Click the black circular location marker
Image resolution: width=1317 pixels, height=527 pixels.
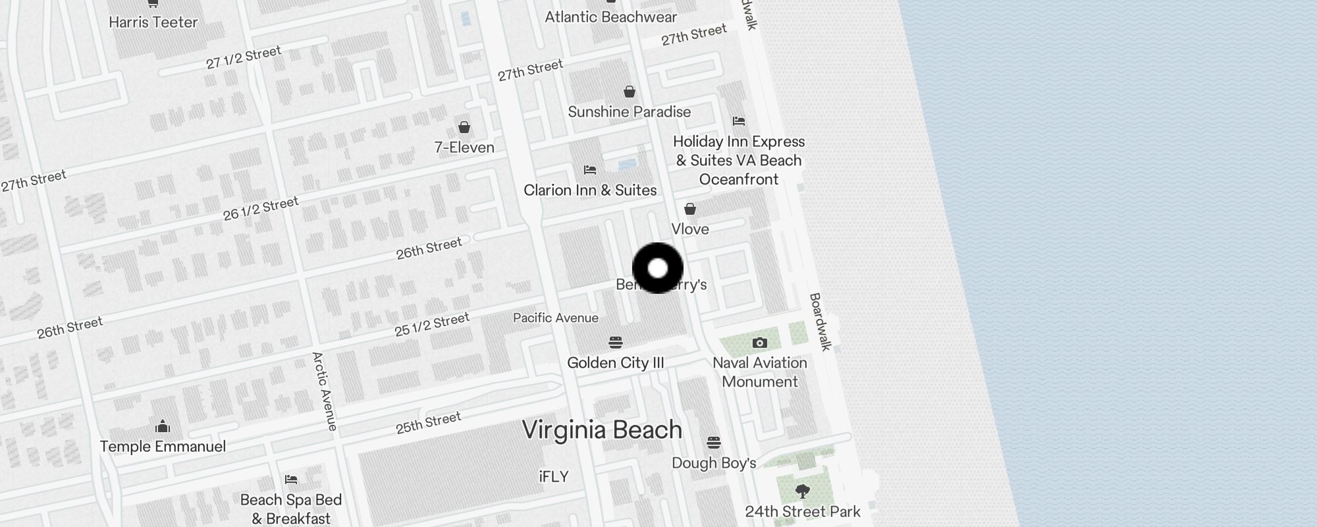[x=658, y=268]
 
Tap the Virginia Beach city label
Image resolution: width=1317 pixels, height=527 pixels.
[x=602, y=430]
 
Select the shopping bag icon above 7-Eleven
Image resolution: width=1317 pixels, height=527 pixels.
[x=464, y=127]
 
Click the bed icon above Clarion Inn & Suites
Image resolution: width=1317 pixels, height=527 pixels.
[x=590, y=170]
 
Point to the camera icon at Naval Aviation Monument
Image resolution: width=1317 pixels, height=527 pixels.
[x=759, y=343]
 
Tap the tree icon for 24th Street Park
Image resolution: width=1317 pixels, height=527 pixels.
[x=802, y=491]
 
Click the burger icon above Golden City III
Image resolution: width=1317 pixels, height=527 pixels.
[x=616, y=343]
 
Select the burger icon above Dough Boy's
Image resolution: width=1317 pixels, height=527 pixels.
[x=714, y=442]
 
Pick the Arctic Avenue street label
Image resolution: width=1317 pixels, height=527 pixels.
[x=324, y=391]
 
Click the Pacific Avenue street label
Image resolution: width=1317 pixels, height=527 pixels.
[x=556, y=318]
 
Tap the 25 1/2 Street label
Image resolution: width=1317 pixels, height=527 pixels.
[x=432, y=324]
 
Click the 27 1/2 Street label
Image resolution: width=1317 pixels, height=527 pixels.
[x=244, y=57]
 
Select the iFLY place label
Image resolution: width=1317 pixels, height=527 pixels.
[x=553, y=477]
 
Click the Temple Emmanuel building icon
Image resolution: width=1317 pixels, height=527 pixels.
[x=163, y=427]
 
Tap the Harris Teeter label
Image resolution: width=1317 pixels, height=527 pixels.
[x=153, y=22]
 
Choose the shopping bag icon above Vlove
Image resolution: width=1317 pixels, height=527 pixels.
[x=690, y=209]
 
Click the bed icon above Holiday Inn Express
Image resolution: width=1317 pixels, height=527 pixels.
[x=739, y=121]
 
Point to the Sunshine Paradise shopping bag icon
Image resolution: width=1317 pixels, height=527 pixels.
[x=630, y=92]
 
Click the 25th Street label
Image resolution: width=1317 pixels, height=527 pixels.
[x=428, y=423]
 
